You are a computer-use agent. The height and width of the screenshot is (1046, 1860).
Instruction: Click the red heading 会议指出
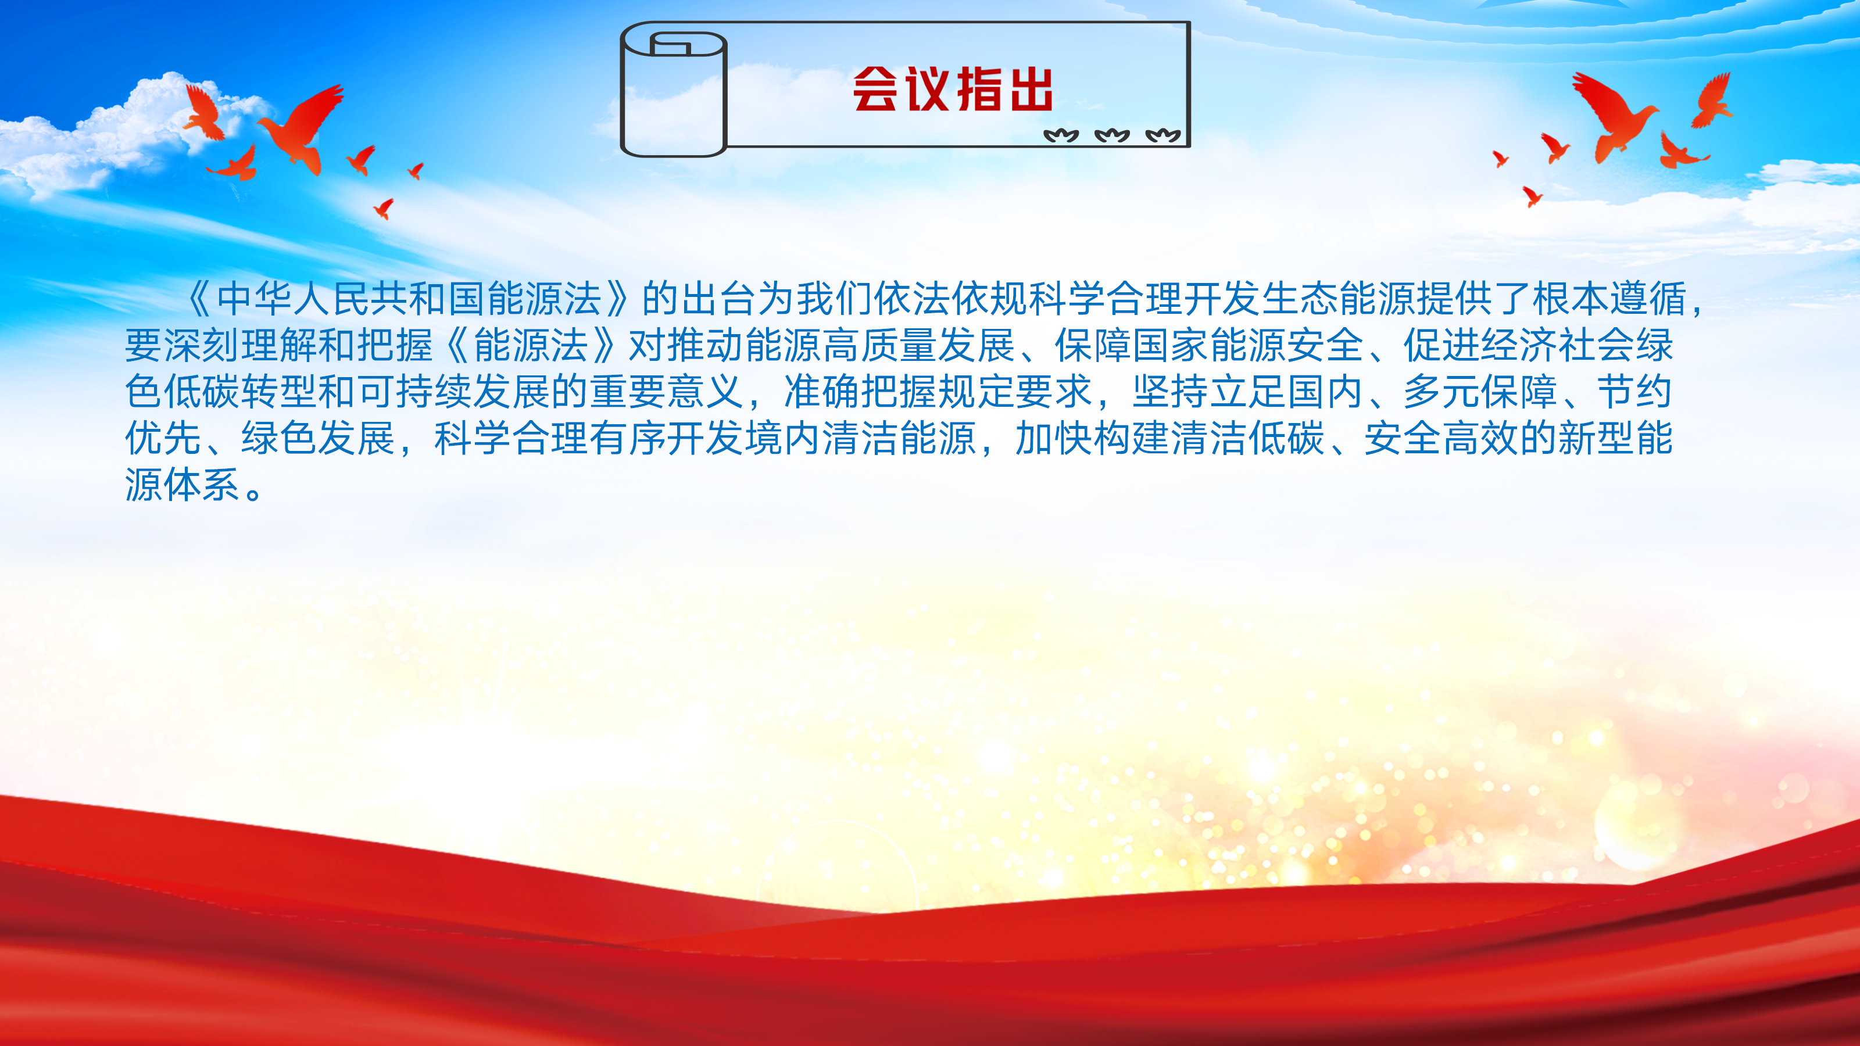[953, 89]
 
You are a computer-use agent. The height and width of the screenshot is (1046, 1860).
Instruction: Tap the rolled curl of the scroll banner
[674, 89]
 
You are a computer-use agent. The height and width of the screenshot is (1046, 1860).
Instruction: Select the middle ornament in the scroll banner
[1112, 135]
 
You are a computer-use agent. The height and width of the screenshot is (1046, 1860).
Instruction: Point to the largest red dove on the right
[1615, 116]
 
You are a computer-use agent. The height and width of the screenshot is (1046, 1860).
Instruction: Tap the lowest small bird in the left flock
[384, 209]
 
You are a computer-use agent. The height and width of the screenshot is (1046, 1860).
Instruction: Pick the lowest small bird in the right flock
[1532, 196]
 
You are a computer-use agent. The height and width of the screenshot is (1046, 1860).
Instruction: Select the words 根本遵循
[1609, 299]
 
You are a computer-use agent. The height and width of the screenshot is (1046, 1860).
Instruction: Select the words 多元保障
[1480, 391]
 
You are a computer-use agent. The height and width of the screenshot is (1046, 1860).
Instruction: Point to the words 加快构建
[1093, 438]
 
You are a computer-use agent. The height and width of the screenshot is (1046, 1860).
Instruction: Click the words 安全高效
[1441, 438]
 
